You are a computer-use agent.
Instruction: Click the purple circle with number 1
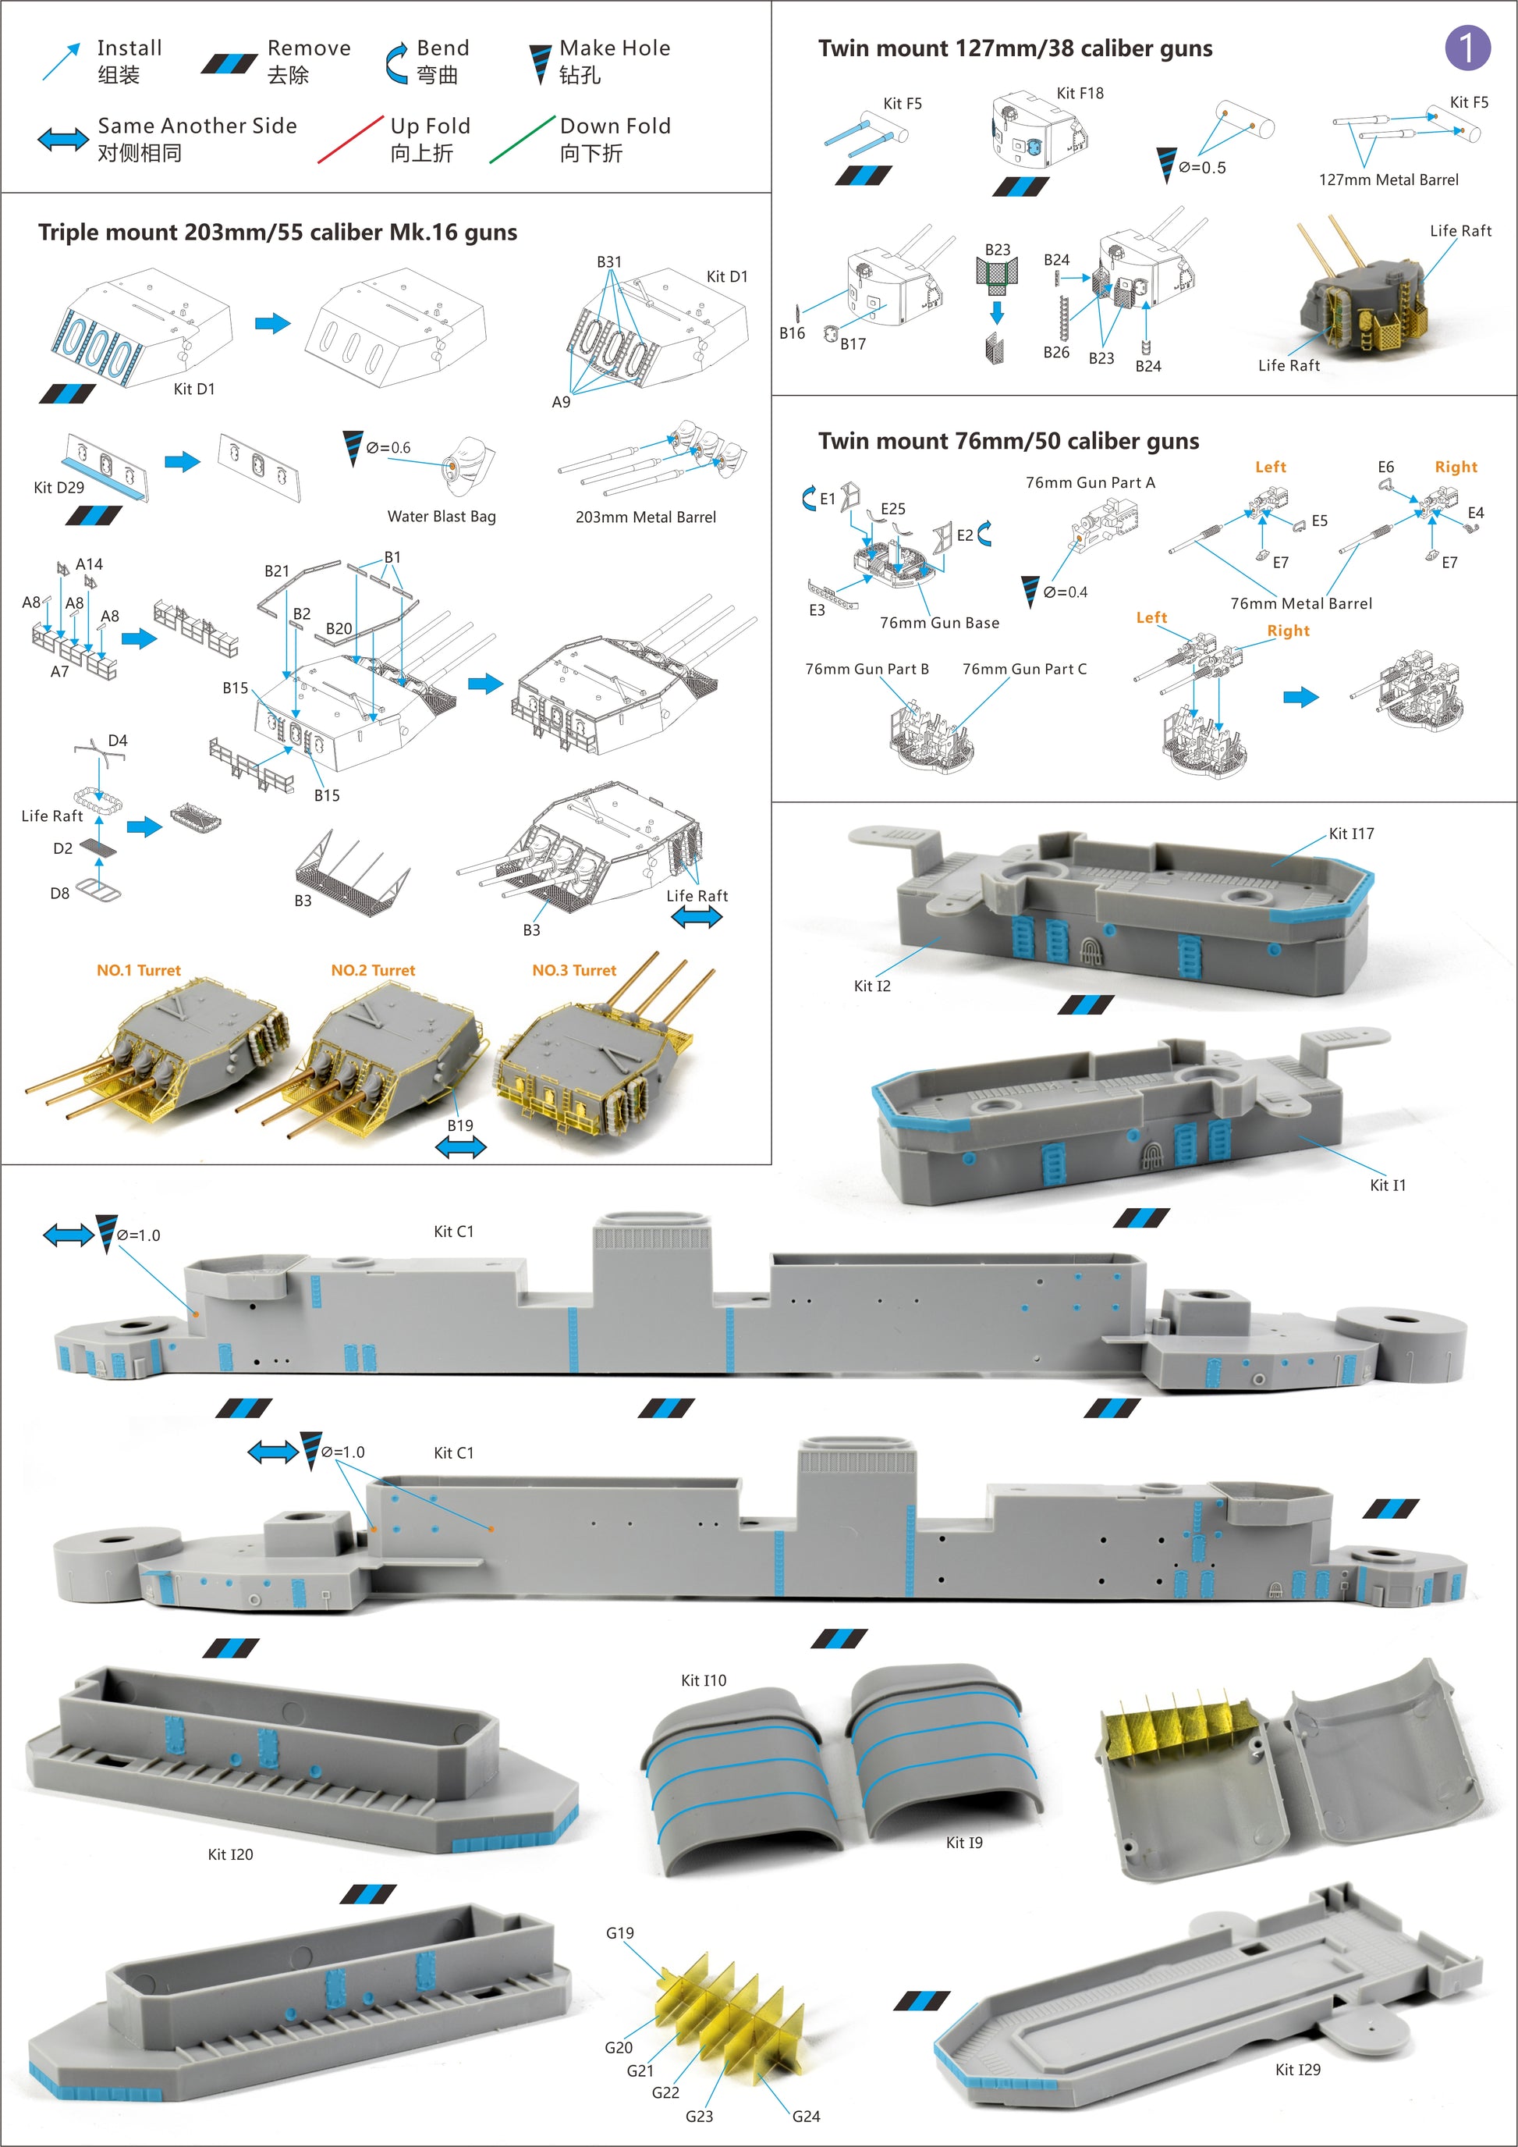point(1467,48)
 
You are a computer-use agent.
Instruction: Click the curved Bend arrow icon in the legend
point(396,62)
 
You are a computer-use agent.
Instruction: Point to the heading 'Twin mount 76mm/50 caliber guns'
point(1009,442)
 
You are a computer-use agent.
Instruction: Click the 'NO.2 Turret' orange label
point(373,971)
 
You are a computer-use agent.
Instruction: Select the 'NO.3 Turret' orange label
point(574,971)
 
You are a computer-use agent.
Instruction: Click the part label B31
point(609,261)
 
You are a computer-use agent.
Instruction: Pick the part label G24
point(806,2116)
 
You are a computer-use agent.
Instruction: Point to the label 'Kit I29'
point(1298,2070)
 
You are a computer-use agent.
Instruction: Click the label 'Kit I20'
point(230,1854)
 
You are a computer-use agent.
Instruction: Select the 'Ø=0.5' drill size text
point(1202,167)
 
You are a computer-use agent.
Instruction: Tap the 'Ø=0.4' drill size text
point(1066,592)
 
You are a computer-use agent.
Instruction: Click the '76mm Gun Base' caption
point(939,623)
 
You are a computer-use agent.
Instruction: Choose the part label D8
point(60,893)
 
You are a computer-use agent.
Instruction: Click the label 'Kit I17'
point(1352,834)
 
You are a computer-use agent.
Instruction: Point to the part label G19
point(619,1933)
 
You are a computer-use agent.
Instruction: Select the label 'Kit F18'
point(1080,93)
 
